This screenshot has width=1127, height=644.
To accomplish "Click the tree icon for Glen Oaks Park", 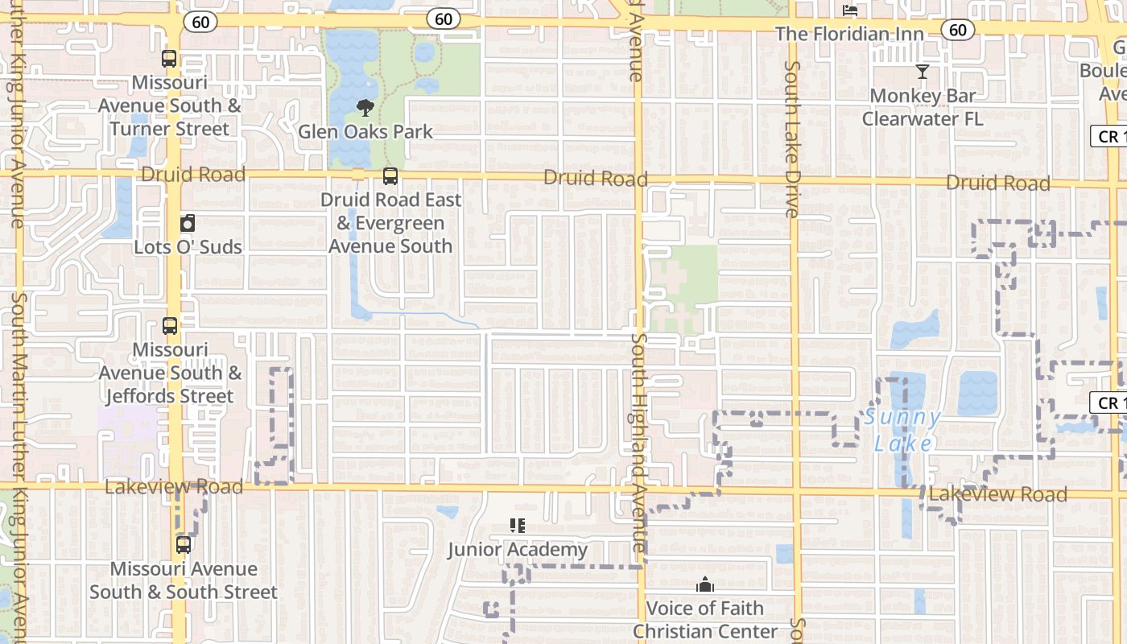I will click(x=365, y=108).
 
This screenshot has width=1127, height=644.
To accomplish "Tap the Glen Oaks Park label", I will click(x=365, y=131).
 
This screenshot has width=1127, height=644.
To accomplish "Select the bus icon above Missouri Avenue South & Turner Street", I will click(x=169, y=59).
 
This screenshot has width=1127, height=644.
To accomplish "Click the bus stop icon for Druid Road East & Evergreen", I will click(x=390, y=176).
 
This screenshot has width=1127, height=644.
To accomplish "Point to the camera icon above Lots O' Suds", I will click(x=188, y=223).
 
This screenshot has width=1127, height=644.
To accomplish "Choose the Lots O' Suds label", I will click(x=188, y=246).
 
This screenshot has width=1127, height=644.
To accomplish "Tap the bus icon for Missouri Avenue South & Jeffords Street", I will click(x=170, y=326).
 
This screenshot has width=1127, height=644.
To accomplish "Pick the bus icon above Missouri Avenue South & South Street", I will click(x=184, y=545).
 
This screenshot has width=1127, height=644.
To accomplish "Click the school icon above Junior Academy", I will click(x=518, y=526).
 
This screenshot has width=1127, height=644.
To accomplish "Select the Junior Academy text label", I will click(x=518, y=550).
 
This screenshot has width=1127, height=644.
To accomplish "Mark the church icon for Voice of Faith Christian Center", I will click(x=705, y=584).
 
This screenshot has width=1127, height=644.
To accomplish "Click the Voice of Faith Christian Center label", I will click(x=705, y=620).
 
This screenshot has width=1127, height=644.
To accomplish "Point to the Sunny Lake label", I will click(x=902, y=431).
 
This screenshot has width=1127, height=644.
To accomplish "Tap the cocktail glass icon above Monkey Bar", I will click(x=923, y=72).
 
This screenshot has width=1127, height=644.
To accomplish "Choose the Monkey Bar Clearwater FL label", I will click(x=923, y=107).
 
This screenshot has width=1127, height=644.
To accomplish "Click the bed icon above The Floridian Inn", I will click(x=850, y=10).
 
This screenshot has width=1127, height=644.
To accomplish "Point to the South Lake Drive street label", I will click(x=792, y=139).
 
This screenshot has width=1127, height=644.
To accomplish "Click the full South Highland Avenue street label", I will click(x=638, y=443).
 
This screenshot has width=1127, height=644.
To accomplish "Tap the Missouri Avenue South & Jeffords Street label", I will click(x=170, y=373).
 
